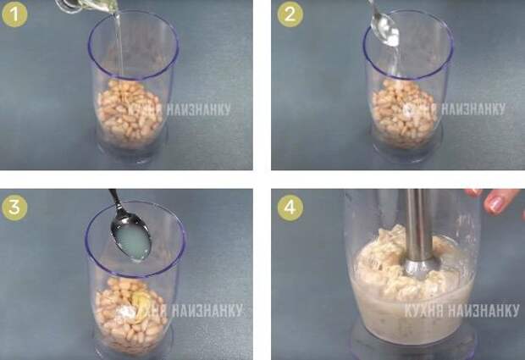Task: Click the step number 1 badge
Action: point(14,14)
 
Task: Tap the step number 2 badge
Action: point(290,14)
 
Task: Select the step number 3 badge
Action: point(14,208)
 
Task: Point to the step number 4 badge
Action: point(290,208)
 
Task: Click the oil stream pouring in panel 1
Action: point(119,43)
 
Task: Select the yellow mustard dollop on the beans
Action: point(141,302)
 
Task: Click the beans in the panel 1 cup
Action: point(129,114)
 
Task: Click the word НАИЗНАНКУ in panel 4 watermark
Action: point(484,311)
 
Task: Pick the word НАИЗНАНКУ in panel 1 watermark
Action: point(198,109)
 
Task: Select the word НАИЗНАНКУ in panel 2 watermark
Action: point(472,108)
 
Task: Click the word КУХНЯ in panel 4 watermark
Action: point(424,311)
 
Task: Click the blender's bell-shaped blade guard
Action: point(420,266)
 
